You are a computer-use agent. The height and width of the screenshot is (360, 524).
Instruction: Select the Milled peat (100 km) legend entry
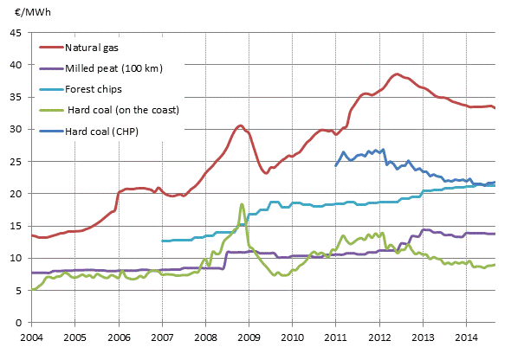(113, 68)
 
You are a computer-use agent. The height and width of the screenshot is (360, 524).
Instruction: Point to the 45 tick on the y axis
(16, 34)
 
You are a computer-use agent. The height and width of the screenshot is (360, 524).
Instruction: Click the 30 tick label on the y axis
(16, 130)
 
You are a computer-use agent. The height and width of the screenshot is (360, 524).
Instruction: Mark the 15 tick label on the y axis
(16, 226)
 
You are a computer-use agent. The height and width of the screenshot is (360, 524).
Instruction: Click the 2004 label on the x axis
(31, 337)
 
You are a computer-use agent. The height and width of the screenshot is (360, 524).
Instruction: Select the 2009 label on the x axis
(249, 337)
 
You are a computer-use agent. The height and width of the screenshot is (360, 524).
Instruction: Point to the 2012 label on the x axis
(379, 337)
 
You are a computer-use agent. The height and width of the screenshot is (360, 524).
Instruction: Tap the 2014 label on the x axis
(466, 337)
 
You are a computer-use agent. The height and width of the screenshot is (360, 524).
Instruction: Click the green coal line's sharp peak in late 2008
(243, 204)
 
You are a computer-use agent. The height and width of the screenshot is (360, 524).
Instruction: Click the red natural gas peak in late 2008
(241, 125)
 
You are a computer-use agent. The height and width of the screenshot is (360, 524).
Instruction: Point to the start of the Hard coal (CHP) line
(336, 165)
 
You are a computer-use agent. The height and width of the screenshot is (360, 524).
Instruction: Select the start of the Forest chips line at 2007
(162, 241)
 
